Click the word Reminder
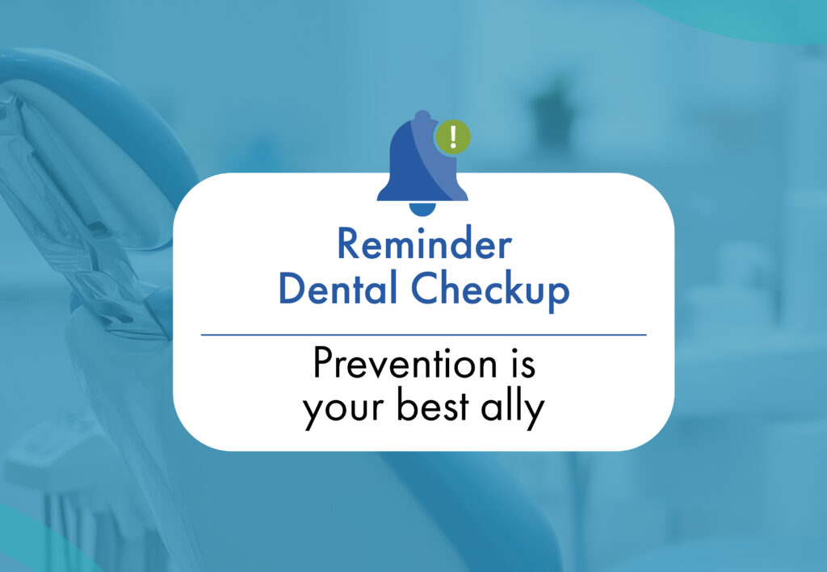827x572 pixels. (425, 244)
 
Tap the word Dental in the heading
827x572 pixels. (338, 288)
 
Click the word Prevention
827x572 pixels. (405, 362)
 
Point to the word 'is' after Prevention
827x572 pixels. (523, 362)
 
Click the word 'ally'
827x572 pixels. (513, 408)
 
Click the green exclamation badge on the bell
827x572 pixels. (452, 137)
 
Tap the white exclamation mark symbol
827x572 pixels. (452, 136)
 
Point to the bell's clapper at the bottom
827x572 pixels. (422, 209)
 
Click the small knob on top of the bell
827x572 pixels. (422, 115)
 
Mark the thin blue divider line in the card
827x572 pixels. (423, 335)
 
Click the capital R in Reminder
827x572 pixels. (348, 244)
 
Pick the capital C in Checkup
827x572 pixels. (426, 288)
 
